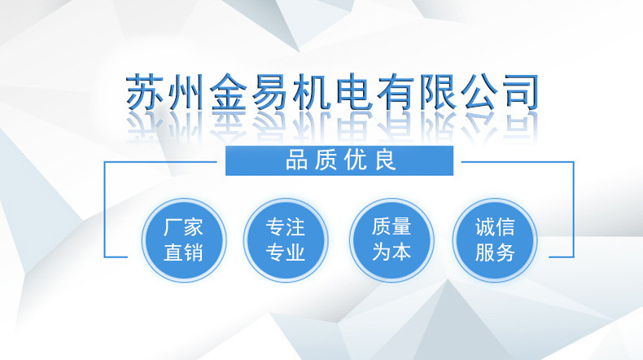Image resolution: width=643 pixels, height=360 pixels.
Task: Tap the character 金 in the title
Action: click(x=229, y=92)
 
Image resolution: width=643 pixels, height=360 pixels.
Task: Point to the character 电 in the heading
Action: click(x=354, y=92)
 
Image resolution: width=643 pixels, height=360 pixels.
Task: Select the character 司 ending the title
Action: click(x=520, y=92)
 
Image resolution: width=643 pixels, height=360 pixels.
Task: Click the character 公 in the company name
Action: click(x=479, y=92)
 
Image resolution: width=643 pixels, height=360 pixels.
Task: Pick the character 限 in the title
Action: click(x=438, y=92)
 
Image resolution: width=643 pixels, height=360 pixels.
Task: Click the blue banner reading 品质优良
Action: click(x=339, y=160)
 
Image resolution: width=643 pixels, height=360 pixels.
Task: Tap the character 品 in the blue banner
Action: click(x=296, y=160)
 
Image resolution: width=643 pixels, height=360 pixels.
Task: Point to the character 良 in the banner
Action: click(x=386, y=160)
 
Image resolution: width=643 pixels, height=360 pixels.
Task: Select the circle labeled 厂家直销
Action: click(x=184, y=239)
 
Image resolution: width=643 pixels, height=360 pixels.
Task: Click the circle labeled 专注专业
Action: click(x=286, y=239)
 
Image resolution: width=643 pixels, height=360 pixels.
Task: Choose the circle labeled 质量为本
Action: click(x=391, y=239)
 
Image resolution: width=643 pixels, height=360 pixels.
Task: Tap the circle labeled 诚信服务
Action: click(x=495, y=239)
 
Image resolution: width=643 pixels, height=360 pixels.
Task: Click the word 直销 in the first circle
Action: click(x=183, y=252)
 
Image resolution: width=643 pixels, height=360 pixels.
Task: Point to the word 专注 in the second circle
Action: click(x=286, y=227)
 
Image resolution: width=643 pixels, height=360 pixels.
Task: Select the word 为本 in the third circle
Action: click(x=391, y=252)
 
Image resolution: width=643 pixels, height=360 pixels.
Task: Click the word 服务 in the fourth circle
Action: click(x=495, y=252)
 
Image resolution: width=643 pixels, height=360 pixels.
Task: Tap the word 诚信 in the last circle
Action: click(x=495, y=227)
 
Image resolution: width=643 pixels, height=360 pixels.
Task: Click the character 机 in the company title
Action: click(x=312, y=92)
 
